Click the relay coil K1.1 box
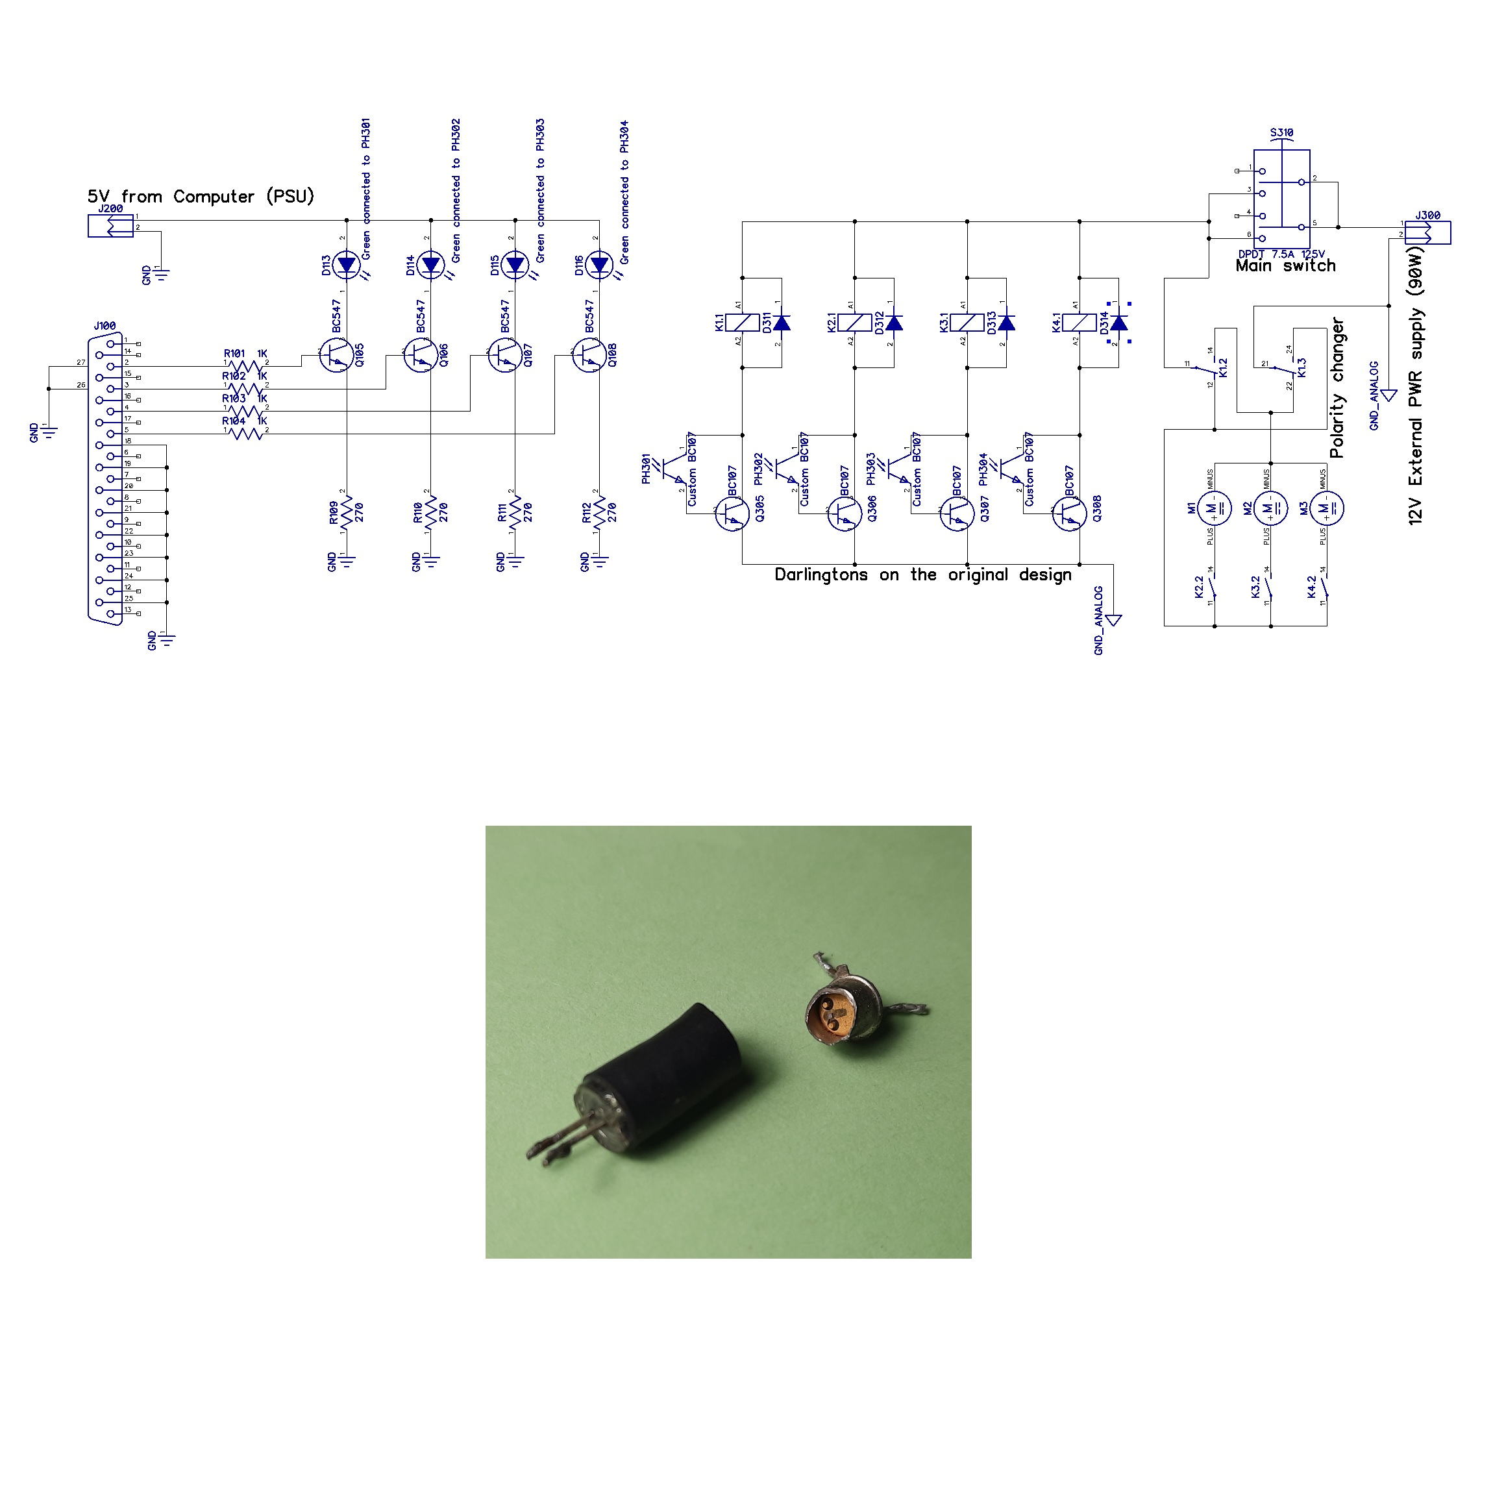[743, 322]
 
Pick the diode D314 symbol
[1119, 322]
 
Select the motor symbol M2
[1270, 508]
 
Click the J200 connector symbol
[110, 226]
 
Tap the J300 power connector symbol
[1427, 232]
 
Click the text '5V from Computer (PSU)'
[201, 196]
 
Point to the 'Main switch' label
[1285, 266]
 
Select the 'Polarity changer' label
[1337, 388]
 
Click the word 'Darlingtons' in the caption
[821, 575]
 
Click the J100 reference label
[105, 326]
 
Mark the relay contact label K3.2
[1256, 587]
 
